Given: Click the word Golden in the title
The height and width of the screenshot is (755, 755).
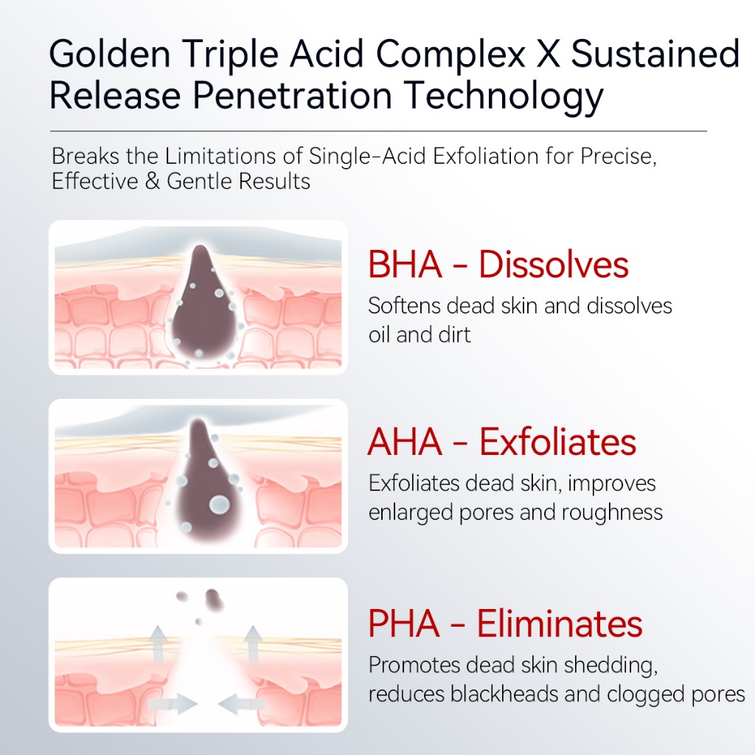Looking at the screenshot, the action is (x=110, y=53).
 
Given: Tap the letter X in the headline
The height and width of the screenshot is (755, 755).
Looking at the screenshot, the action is (x=548, y=53).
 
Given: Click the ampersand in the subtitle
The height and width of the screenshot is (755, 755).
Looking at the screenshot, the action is (x=152, y=181).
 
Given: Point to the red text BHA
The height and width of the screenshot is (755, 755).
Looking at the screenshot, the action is (x=405, y=265).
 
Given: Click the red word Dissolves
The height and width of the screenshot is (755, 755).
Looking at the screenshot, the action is (x=554, y=265).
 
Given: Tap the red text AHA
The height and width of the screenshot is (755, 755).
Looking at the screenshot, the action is (x=405, y=442).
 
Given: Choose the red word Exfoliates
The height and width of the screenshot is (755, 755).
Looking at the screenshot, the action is (x=557, y=442).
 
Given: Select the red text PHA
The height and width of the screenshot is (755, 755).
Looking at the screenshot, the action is (x=404, y=624).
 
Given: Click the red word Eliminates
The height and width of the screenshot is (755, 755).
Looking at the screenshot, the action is (x=560, y=624).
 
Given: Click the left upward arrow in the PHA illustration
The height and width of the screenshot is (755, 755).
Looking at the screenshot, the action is (x=158, y=644).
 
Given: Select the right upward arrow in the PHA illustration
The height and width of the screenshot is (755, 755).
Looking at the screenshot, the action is (x=252, y=644).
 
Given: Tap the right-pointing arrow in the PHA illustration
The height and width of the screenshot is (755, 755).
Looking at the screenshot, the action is (x=173, y=704).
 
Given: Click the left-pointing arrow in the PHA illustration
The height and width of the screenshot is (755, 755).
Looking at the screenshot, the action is (x=242, y=704).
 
